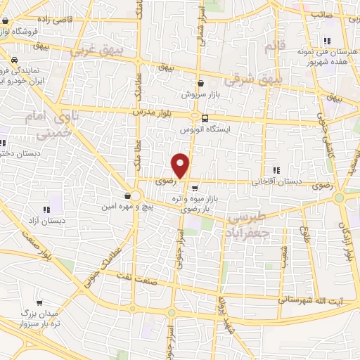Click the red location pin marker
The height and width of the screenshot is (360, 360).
point(181,166)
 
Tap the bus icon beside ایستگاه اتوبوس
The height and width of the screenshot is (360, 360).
point(205,118)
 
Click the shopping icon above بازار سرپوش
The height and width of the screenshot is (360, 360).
point(201,83)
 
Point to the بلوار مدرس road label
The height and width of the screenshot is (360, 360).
point(153,112)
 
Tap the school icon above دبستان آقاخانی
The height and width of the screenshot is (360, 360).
point(276,170)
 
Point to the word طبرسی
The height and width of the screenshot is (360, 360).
point(250,220)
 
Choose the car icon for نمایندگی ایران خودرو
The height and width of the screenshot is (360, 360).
point(15,60)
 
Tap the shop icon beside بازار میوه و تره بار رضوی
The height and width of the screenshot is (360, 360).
point(194,188)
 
